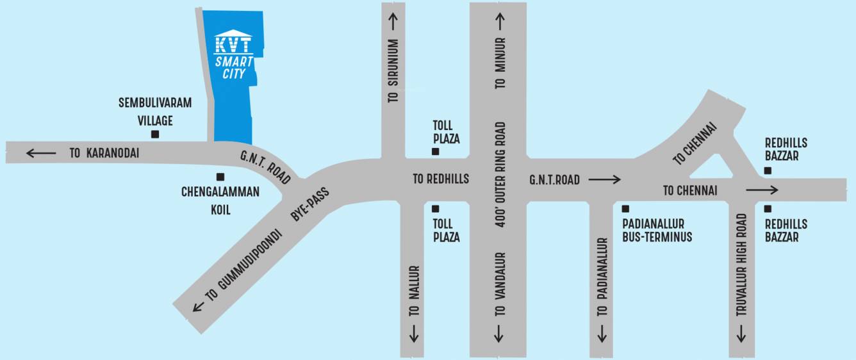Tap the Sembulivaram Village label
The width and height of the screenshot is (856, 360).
[156, 111]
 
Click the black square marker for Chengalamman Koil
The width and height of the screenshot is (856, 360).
[220, 177]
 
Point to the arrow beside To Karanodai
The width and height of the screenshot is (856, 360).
[40, 153]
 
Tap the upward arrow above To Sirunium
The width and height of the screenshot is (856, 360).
[392, 21]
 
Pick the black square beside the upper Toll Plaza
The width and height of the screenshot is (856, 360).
[435, 152]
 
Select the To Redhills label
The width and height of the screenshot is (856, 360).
[440, 179]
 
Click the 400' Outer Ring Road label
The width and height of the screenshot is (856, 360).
[500, 175]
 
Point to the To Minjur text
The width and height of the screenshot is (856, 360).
[500, 63]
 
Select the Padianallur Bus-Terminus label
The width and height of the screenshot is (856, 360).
[657, 230]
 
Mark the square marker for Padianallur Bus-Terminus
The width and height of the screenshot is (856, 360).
[625, 209]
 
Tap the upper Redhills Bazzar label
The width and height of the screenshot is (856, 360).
[786, 149]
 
